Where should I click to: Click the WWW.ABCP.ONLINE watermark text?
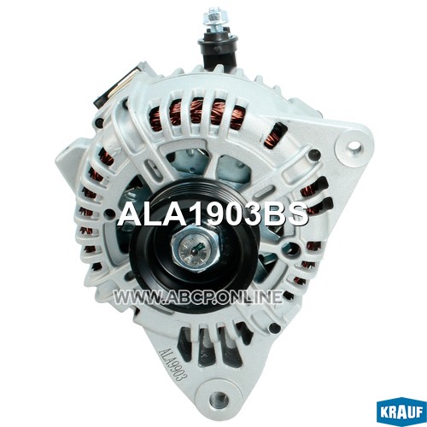point(198,297)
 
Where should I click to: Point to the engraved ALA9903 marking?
point(173,364)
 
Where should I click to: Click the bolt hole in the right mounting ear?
point(354,147)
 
